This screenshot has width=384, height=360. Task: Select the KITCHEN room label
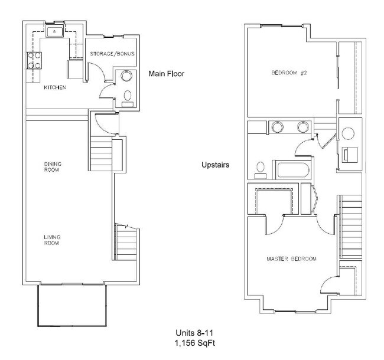point(54,88)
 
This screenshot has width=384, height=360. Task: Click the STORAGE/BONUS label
point(112,54)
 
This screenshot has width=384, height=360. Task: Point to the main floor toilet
point(128,97)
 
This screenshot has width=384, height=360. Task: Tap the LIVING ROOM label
point(53,240)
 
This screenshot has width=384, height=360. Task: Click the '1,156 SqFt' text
point(191,342)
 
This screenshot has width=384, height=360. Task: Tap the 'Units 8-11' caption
point(191,333)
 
